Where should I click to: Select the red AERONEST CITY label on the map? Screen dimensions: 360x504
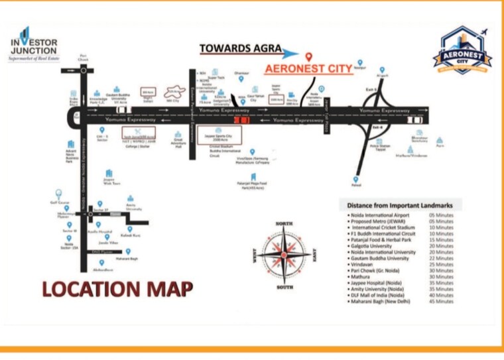pyautogui.click(x=308, y=68)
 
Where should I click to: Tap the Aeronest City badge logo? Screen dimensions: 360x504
pyautogui.click(x=462, y=49)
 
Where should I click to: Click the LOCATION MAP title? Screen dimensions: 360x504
pyautogui.click(x=118, y=288)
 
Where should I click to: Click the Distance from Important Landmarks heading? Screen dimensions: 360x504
pyautogui.click(x=400, y=205)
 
